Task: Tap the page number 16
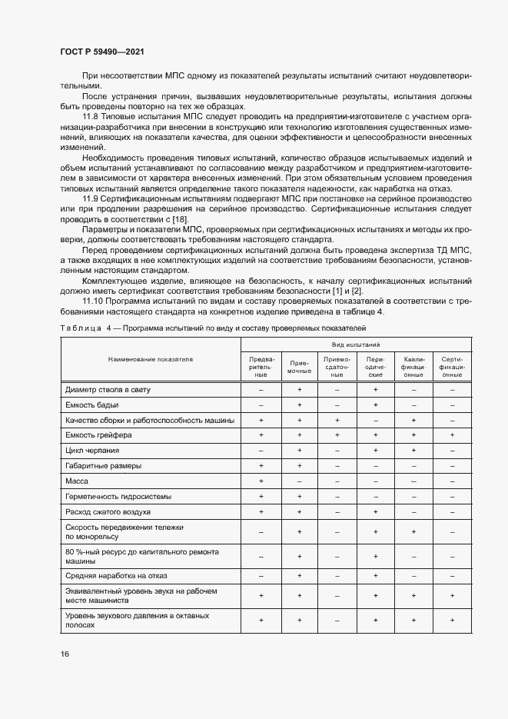(65, 654)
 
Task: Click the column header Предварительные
(261, 367)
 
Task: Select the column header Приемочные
(299, 367)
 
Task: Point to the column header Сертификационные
(453, 367)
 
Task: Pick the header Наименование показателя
(151, 359)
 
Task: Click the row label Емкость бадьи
(92, 404)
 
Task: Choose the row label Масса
(78, 481)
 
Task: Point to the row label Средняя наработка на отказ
(118, 575)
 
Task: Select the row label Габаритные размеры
(104, 465)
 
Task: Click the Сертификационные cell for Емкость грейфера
(453, 435)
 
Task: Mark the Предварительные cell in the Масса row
(261, 481)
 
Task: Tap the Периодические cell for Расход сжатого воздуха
(375, 511)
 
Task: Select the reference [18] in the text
(180, 221)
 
